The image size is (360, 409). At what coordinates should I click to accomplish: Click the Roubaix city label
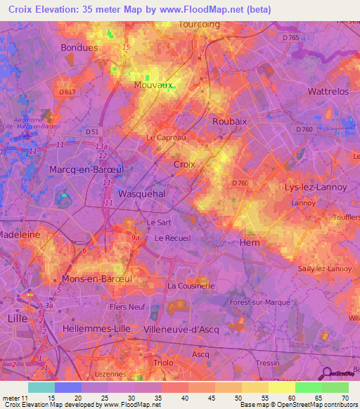tap(229, 121)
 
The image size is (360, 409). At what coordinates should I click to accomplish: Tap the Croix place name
tap(184, 164)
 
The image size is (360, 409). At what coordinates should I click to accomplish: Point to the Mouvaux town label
tap(153, 85)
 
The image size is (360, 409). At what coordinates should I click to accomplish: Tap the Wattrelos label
tap(328, 92)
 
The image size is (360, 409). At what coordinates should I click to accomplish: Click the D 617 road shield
tap(67, 92)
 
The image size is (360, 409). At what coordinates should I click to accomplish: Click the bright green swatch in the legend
tap(308, 387)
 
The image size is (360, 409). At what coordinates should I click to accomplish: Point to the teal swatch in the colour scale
tap(41, 387)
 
